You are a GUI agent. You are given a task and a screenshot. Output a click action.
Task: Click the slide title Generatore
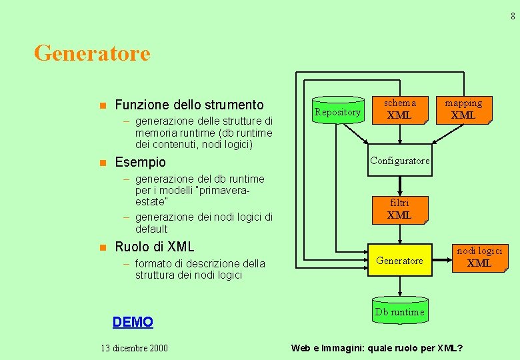click(x=92, y=53)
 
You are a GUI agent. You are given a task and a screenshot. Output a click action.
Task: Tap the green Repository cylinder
click(x=337, y=111)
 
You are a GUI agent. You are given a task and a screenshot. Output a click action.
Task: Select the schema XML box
click(x=399, y=109)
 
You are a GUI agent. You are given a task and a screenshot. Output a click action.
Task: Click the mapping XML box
click(x=463, y=109)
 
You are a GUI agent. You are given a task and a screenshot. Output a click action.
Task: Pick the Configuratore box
click(x=399, y=161)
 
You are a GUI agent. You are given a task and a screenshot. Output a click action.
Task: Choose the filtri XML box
click(x=399, y=209)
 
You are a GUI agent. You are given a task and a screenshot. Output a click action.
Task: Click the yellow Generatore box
click(x=399, y=261)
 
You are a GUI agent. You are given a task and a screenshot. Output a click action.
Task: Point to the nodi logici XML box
click(x=479, y=257)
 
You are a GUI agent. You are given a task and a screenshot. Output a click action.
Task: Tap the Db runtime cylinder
click(x=399, y=312)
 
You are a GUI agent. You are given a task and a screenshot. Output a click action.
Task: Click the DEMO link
click(x=133, y=322)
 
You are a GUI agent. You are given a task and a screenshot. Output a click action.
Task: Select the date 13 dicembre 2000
click(x=134, y=348)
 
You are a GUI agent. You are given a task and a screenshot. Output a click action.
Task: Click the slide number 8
click(x=513, y=17)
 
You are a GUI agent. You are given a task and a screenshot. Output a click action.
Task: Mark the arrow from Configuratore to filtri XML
click(x=399, y=185)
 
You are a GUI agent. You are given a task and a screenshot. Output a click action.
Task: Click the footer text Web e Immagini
click(x=327, y=348)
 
